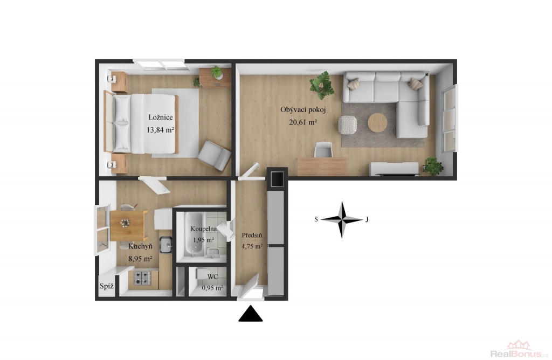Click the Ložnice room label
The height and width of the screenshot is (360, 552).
click(x=161, y=117)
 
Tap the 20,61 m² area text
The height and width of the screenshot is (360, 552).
click(x=303, y=122)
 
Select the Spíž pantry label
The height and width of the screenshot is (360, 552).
click(x=106, y=286)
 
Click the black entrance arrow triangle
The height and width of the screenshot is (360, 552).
click(x=251, y=314)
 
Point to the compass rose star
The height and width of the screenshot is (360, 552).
click(x=341, y=219)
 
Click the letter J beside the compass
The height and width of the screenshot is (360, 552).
click(x=367, y=219)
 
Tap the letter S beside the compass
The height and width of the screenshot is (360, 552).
click(x=316, y=219)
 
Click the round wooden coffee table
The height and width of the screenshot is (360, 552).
click(x=377, y=123)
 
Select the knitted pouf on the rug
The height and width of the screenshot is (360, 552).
click(x=348, y=125)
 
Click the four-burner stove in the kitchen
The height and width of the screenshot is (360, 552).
click(x=142, y=278)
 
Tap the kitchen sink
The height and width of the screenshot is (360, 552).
click(x=166, y=245)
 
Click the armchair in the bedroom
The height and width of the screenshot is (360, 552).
click(x=215, y=155)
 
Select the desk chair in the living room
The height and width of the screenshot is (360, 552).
click(x=324, y=150)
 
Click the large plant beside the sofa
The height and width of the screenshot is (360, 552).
click(x=321, y=86)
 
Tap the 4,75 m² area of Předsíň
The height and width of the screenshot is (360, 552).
click(x=252, y=246)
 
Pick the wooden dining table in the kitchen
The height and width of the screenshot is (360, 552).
click(x=129, y=226)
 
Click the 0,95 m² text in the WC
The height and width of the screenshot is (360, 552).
click(x=212, y=288)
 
